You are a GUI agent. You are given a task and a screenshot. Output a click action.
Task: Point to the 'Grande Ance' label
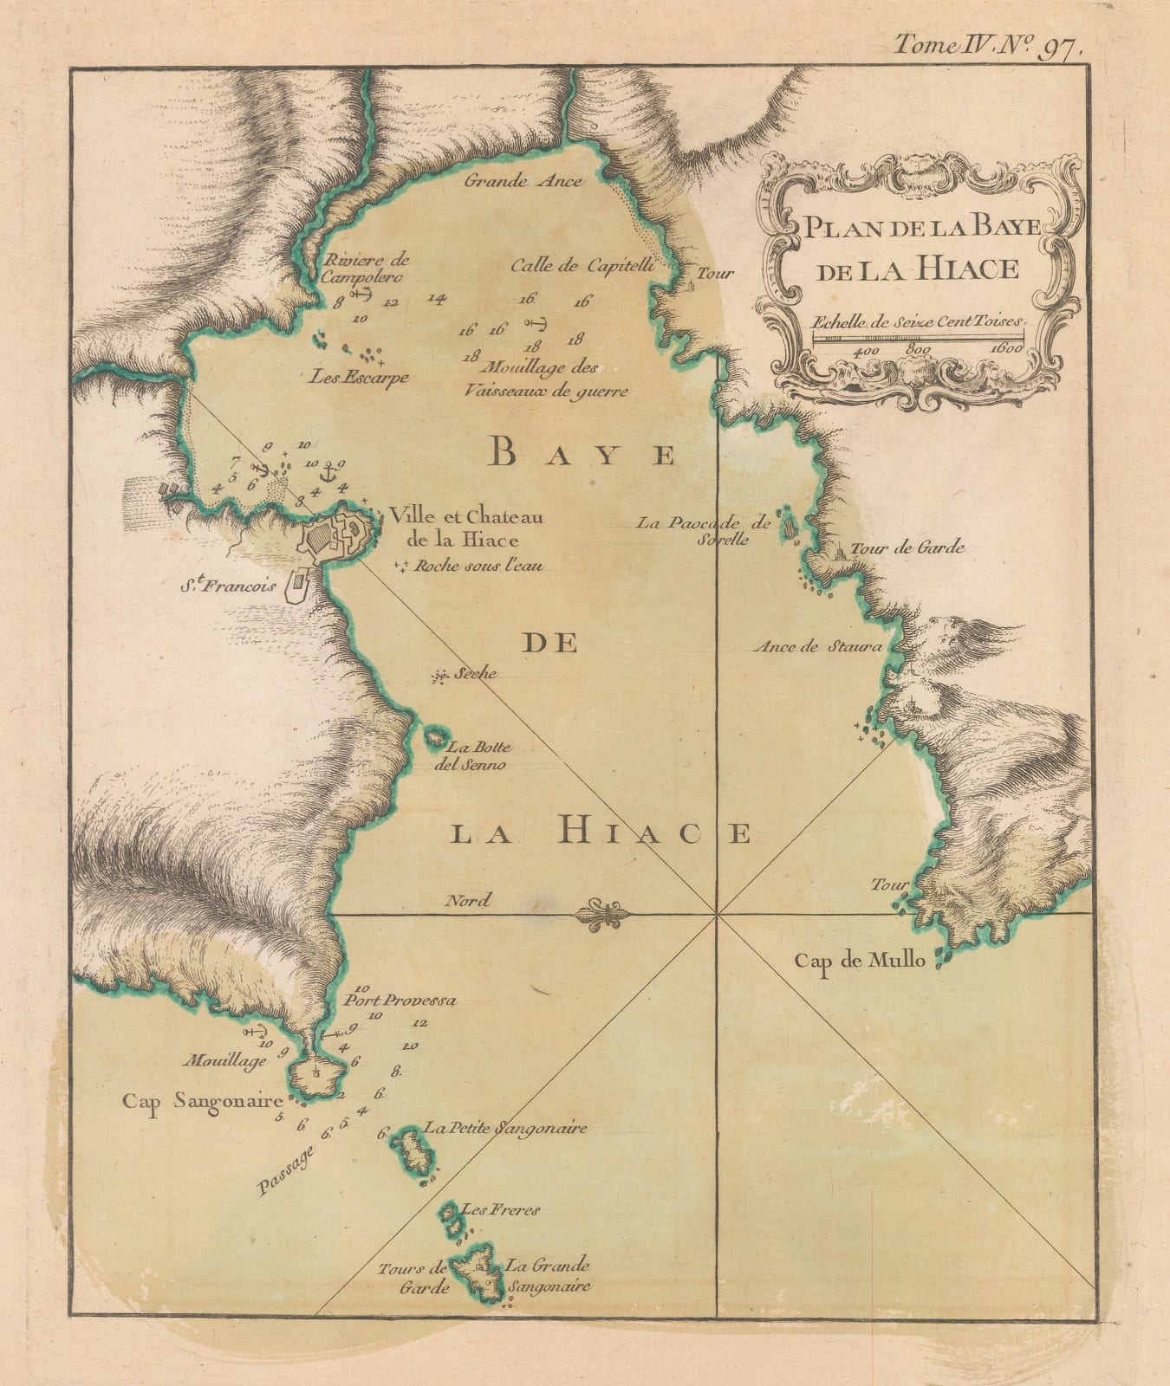click(523, 182)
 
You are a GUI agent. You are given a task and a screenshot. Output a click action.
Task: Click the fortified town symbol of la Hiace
click(341, 537)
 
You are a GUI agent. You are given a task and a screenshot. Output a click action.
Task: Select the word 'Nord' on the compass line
click(467, 901)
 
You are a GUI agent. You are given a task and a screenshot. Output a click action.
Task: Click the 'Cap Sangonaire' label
click(203, 1102)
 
